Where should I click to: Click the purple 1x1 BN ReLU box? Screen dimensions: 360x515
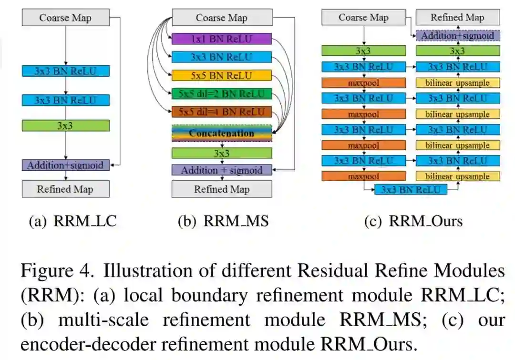pyautogui.click(x=221, y=39)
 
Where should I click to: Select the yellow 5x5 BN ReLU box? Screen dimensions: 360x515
pyautogui.click(x=221, y=75)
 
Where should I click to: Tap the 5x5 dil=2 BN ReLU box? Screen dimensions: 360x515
pyautogui.click(x=221, y=93)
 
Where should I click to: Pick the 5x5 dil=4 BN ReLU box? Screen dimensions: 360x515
pyautogui.click(x=221, y=113)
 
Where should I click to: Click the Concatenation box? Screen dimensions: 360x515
pyautogui.click(x=221, y=133)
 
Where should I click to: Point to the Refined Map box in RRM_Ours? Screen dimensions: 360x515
pyautogui.click(x=457, y=18)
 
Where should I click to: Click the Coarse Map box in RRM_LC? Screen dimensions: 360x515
pyautogui.click(x=65, y=18)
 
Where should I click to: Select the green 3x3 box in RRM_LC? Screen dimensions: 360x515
pyautogui.click(x=65, y=125)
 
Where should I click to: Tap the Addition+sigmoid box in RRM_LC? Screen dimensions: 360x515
pyautogui.click(x=65, y=165)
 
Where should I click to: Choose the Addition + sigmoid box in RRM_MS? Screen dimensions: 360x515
pyautogui.click(x=221, y=170)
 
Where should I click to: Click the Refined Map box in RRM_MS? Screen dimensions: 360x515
pyautogui.click(x=221, y=189)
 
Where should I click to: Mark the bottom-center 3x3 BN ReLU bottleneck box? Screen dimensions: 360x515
pyautogui.click(x=411, y=189)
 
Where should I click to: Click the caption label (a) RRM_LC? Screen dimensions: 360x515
pyautogui.click(x=72, y=221)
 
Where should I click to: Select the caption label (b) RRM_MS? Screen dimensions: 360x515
pyautogui.click(x=223, y=221)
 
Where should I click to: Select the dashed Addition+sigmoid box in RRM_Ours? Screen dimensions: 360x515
pyautogui.click(x=457, y=36)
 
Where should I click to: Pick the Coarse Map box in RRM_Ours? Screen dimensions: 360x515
pyautogui.click(x=363, y=18)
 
